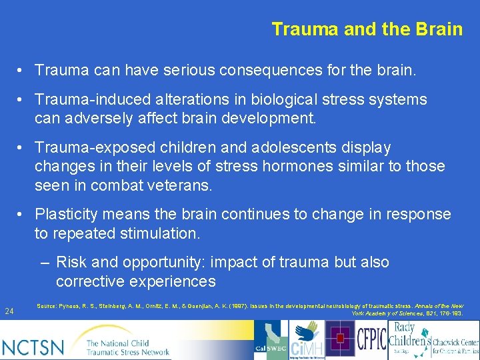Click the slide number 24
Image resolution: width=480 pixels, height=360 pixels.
pos(9,311)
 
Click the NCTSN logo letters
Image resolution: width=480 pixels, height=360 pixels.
pos(33,347)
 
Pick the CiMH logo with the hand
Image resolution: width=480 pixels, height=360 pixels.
pos(306,339)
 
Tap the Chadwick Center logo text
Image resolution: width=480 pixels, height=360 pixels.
pos(456,341)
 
